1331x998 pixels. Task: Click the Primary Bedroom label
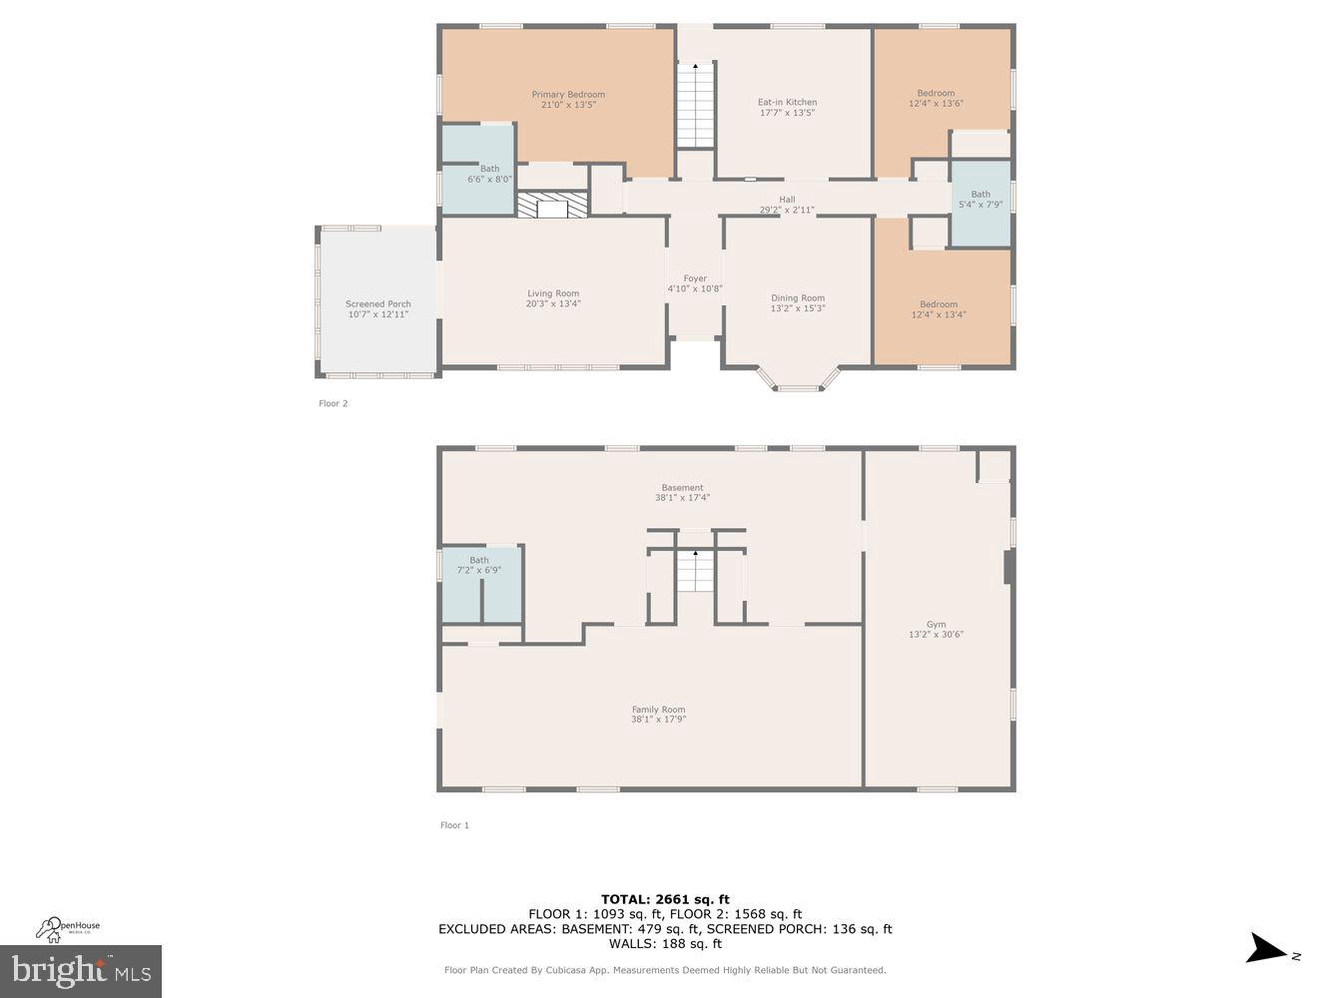[567, 95]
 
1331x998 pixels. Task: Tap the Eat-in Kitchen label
[787, 102]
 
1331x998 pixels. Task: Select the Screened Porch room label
[378, 304]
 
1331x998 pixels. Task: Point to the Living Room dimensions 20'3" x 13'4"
[553, 304]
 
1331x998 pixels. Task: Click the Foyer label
[695, 278]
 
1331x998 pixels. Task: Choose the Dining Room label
[798, 297]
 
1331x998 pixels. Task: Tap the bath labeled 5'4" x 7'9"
[981, 200]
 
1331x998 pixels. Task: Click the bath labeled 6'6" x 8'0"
[489, 175]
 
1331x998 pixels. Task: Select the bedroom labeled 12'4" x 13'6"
[936, 98]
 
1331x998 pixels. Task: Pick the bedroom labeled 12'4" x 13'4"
[939, 309]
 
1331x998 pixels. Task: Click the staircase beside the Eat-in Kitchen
[696, 105]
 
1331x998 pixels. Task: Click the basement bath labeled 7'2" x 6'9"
[479, 566]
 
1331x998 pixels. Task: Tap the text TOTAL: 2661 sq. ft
[665, 899]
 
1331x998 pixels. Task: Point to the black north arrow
[1268, 948]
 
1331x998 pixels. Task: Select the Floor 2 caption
[333, 403]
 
